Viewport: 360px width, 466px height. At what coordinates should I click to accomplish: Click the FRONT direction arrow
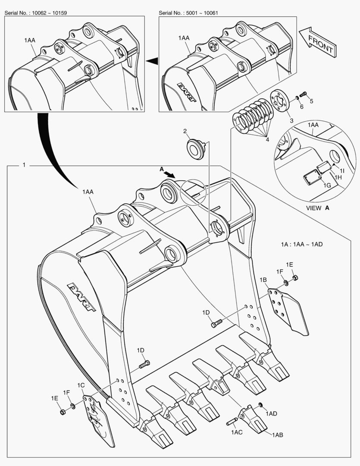(x=318, y=42)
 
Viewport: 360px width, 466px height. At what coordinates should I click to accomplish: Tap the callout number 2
(x=185, y=131)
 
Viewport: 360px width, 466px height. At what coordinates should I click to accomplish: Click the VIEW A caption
(x=317, y=208)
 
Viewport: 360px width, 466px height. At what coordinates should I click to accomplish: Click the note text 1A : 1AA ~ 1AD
(x=301, y=244)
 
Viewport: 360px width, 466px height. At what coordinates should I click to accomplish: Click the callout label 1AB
(x=277, y=435)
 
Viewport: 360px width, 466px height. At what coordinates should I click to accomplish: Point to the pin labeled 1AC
(x=234, y=422)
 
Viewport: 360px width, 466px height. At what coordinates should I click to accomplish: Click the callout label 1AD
(x=271, y=414)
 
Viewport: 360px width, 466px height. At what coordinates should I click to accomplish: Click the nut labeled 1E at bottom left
(x=63, y=412)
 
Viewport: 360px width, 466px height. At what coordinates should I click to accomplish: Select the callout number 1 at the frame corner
(x=24, y=165)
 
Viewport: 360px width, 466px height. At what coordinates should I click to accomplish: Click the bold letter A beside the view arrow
(x=162, y=170)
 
